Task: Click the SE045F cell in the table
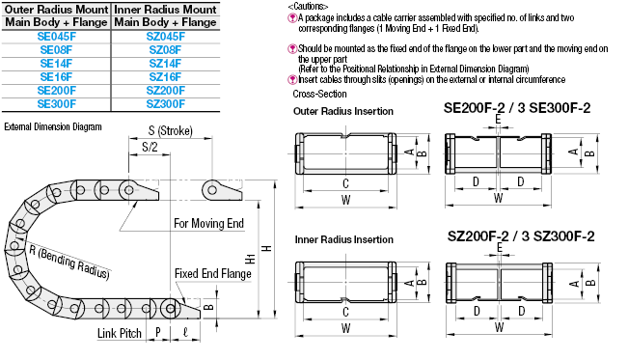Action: point(57,37)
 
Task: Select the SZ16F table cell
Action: point(165,77)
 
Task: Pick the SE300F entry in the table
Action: point(57,104)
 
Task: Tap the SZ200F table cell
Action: point(165,91)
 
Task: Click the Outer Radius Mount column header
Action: point(57,10)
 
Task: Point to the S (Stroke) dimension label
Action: point(170,130)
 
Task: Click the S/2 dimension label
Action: point(150,147)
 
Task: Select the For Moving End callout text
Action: point(208,223)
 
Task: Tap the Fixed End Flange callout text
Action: point(213,273)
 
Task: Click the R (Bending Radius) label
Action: point(69,262)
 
